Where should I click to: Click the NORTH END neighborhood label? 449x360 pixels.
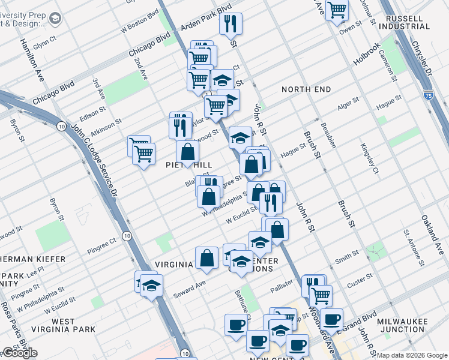[306, 89]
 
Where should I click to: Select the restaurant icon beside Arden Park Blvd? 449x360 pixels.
[231, 23]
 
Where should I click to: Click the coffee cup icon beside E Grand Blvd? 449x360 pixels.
[331, 319]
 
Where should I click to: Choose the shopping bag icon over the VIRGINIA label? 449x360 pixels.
[206, 257]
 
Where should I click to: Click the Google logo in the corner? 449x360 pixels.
[20, 353]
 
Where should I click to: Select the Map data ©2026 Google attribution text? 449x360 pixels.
[412, 355]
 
